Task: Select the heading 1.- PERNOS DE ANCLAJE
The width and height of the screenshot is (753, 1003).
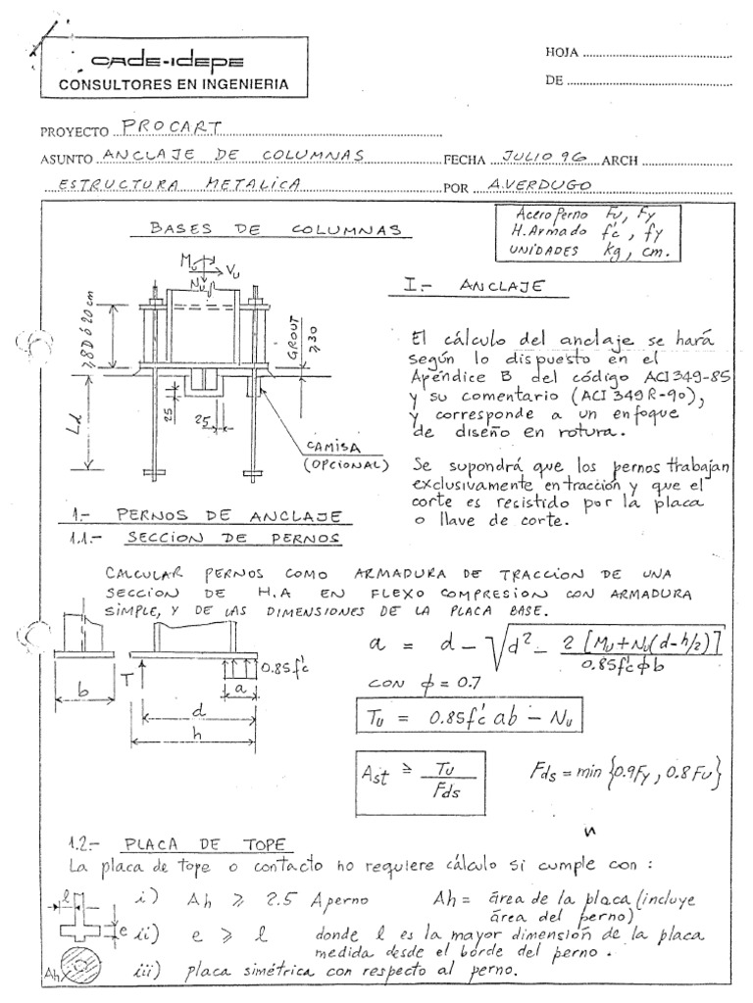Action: tap(205, 515)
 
